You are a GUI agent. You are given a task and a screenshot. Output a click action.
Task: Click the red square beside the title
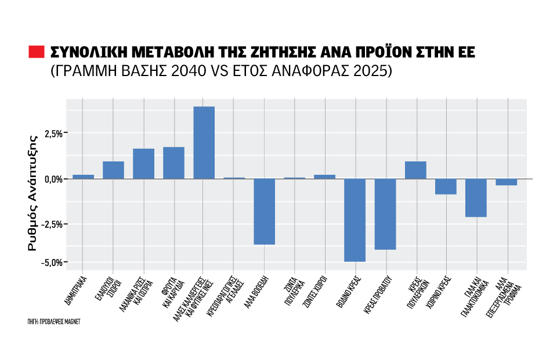coord(37,52)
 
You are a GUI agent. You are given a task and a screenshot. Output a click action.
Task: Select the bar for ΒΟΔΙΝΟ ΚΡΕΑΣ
coord(355,220)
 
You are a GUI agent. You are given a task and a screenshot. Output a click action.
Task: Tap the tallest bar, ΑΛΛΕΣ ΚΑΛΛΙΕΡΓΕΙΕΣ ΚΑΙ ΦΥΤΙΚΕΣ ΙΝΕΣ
coord(204,143)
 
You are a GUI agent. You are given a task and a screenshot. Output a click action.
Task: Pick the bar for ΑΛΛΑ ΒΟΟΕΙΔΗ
coord(264,211)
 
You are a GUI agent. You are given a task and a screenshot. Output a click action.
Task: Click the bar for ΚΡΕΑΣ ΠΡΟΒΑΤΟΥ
coord(385,214)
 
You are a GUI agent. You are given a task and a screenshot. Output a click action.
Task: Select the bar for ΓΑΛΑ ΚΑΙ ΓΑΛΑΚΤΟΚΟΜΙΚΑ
coord(476,197)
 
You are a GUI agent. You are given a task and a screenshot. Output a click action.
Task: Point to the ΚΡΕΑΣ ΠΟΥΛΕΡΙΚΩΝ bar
coord(415,170)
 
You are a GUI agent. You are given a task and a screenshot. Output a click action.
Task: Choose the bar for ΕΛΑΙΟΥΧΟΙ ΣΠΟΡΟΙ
coord(113,170)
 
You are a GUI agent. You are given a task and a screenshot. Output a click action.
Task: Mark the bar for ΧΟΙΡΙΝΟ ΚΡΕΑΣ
coord(446,186)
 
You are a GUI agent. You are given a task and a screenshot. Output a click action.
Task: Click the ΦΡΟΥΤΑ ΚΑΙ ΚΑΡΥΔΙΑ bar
coord(173,163)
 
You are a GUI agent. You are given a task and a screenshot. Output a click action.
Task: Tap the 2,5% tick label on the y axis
coord(52,134)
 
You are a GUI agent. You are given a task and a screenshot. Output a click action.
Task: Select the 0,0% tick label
coord(52,179)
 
